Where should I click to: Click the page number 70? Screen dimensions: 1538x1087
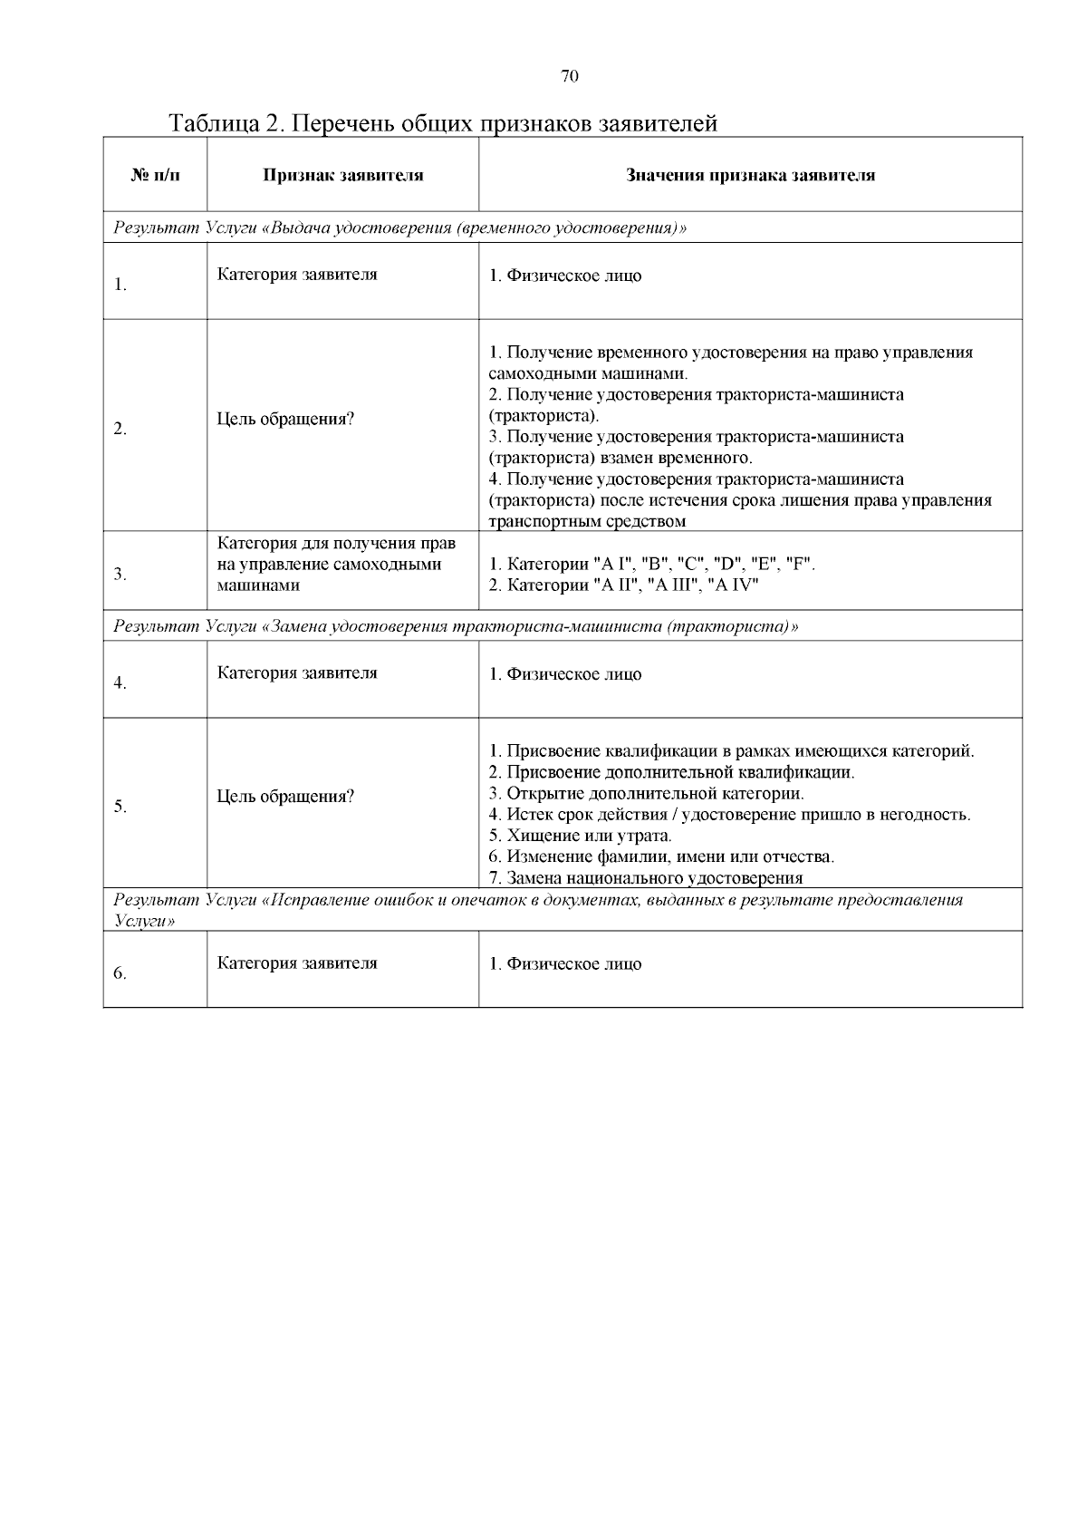(x=570, y=76)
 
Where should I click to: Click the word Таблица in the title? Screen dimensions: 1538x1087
(x=214, y=123)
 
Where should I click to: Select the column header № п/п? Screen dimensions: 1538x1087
(x=155, y=176)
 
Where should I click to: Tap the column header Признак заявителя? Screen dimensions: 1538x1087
(x=343, y=176)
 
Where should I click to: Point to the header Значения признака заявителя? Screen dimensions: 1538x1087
(x=750, y=176)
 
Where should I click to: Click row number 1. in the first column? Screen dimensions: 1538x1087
(x=120, y=285)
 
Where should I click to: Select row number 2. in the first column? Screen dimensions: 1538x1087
(x=120, y=430)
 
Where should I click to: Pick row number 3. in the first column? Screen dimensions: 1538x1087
(x=120, y=574)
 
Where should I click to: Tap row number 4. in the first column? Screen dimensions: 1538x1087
(x=120, y=683)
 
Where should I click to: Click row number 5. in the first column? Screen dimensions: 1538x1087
(x=120, y=807)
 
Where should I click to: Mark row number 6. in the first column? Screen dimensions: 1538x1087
(x=120, y=973)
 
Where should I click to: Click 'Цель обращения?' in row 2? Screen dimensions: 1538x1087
(x=285, y=420)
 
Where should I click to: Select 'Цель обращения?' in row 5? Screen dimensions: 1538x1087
(x=285, y=797)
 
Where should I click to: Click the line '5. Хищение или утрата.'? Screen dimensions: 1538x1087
(x=580, y=836)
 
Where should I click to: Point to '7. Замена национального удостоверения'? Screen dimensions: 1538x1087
(x=645, y=877)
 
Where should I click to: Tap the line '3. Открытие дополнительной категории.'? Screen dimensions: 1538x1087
(x=646, y=793)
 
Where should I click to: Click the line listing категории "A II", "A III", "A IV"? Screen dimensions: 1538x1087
(x=623, y=585)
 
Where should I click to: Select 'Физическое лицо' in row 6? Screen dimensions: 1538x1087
(x=573, y=963)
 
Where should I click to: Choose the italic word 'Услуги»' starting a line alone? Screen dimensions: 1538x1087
(x=144, y=920)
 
